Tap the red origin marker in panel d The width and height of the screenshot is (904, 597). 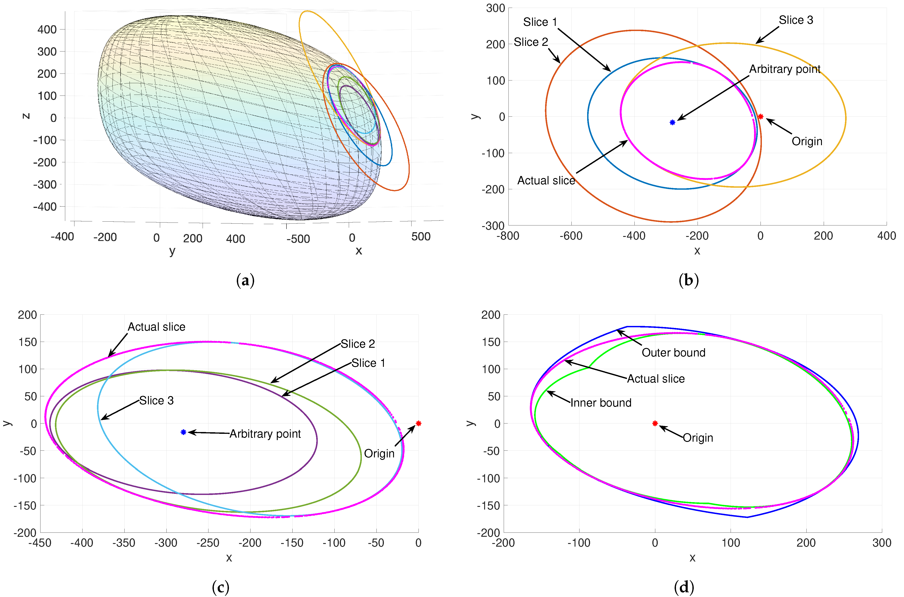point(655,423)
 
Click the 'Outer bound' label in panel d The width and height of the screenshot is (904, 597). point(673,353)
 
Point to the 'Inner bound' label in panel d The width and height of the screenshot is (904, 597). point(601,403)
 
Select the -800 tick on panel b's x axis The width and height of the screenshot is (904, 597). point(508,236)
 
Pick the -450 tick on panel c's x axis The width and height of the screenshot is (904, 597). point(40,543)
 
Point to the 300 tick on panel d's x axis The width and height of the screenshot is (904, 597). point(882,543)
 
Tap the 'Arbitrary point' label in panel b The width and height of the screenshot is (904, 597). point(784,69)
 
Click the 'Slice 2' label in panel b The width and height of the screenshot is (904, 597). point(530,42)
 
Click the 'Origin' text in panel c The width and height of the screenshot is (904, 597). point(379,453)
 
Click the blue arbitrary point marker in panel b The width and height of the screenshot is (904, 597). point(672,122)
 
